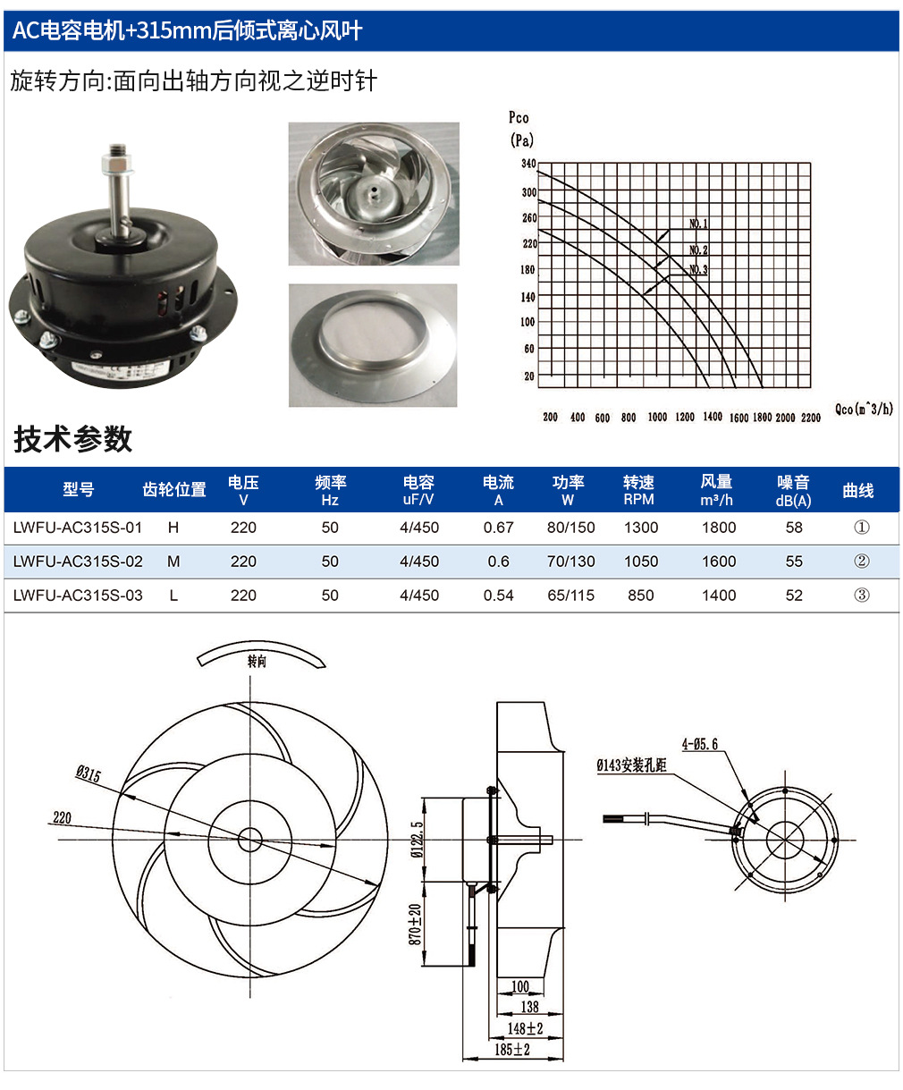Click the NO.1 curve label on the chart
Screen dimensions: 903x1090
(698, 224)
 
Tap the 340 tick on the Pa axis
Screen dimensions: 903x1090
(528, 164)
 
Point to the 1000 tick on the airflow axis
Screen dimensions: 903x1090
(657, 417)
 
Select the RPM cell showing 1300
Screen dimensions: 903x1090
(641, 528)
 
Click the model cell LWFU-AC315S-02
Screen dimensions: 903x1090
(78, 562)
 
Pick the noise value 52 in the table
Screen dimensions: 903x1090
(794, 596)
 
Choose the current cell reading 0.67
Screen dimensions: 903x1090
(499, 528)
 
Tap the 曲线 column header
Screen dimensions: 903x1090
(858, 491)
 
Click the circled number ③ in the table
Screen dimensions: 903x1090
(862, 596)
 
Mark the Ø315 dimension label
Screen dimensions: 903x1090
(88, 773)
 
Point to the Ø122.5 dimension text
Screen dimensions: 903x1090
(417, 840)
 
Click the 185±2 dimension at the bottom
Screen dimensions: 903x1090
(512, 1049)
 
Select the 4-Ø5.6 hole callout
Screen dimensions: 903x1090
(699, 744)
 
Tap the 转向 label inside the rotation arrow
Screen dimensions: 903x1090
(257, 662)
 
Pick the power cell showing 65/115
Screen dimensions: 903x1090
(571, 596)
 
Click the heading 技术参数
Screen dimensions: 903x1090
(73, 439)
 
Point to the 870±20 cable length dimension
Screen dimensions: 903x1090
(415, 925)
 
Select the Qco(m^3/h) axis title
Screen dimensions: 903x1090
(864, 409)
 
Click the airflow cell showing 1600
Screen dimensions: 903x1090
(719, 562)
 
